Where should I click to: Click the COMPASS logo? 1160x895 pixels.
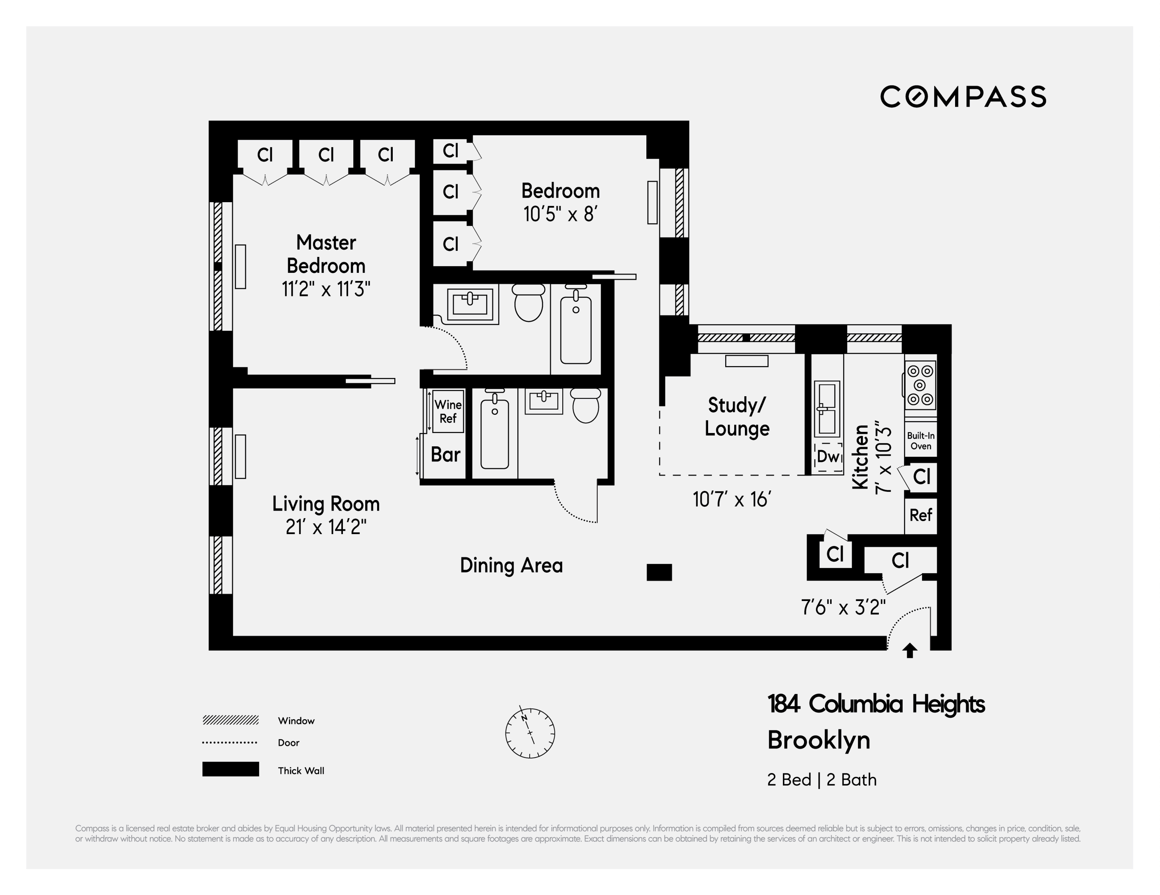(x=963, y=97)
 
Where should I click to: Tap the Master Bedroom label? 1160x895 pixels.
(x=326, y=254)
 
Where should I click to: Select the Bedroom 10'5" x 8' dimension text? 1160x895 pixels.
(x=561, y=214)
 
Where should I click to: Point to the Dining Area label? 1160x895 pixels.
(x=511, y=565)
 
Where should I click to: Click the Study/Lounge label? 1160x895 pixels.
(x=737, y=417)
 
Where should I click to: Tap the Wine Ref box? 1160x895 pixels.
(x=448, y=411)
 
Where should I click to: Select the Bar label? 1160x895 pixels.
(x=445, y=455)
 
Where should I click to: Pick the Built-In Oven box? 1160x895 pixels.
(x=920, y=440)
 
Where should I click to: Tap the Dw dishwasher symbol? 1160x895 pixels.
(x=828, y=456)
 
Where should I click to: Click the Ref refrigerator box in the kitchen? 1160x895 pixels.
(x=920, y=515)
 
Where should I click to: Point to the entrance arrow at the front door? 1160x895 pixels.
(x=910, y=650)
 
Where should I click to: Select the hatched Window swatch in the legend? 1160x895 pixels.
(x=231, y=720)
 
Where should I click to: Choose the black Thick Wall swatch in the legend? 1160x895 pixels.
(x=231, y=769)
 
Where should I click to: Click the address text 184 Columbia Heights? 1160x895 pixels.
(x=876, y=704)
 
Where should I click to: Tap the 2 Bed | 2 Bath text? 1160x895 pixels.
(x=822, y=780)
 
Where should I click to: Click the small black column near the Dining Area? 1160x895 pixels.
(x=659, y=572)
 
